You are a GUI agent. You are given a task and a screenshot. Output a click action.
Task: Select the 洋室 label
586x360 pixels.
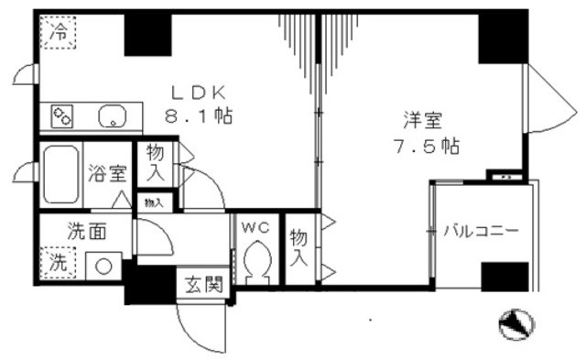point(423,119)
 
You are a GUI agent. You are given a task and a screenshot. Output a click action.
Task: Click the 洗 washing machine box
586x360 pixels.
point(59,260)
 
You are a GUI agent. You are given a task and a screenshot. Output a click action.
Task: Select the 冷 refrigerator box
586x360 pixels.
point(59,31)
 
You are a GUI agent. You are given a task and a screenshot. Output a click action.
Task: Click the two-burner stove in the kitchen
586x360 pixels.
point(63,116)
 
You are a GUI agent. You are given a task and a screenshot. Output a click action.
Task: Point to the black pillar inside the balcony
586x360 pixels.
point(505,276)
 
